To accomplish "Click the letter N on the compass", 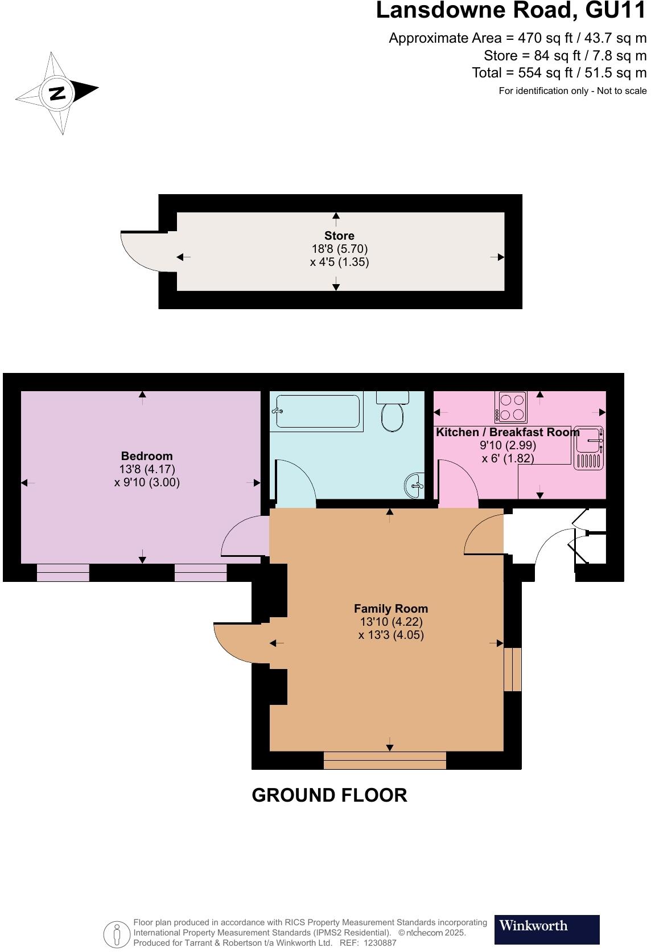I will tap(57, 93).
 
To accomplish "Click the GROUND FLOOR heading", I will tap(329, 795).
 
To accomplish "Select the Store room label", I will tap(339, 236).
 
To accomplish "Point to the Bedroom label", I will tap(147, 456).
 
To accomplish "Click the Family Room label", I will tap(390, 609).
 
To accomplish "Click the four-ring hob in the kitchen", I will tap(510, 407).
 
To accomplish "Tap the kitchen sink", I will tap(588, 448).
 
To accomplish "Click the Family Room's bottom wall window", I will tap(385, 760).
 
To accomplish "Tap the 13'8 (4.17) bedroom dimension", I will tap(147, 469).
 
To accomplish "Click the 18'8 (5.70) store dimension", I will tap(339, 249).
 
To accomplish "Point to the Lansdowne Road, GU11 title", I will tap(511, 11).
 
